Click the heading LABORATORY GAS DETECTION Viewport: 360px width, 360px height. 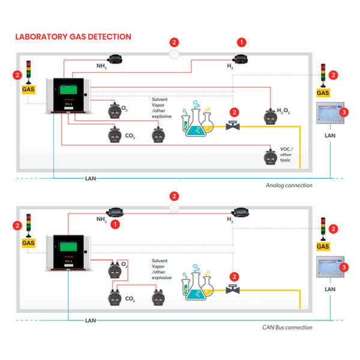(x=73, y=37)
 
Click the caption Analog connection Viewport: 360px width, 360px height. (x=289, y=185)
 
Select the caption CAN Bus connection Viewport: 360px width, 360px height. (x=287, y=327)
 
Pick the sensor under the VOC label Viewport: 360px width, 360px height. (x=271, y=157)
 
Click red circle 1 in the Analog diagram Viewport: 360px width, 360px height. (x=242, y=43)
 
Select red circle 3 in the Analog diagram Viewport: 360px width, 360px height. (x=344, y=112)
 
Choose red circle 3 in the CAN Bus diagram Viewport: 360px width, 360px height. (x=344, y=267)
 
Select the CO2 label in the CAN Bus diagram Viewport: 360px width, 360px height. (x=129, y=298)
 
